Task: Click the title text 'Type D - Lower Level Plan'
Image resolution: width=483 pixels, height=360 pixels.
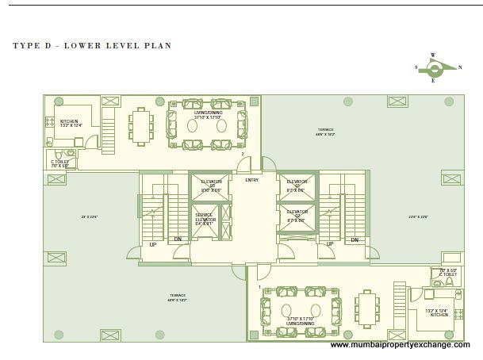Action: (x=92, y=46)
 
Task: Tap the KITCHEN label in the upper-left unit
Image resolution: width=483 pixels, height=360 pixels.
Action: (x=70, y=122)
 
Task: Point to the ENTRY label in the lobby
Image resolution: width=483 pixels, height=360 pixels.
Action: (x=252, y=180)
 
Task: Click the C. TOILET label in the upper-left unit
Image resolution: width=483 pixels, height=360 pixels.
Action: (x=60, y=163)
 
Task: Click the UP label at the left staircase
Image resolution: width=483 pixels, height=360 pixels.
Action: (x=153, y=244)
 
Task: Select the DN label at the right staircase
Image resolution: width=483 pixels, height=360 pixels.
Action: (x=355, y=239)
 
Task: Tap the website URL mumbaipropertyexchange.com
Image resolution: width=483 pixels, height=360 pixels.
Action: (x=400, y=345)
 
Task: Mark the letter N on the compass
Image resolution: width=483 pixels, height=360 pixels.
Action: (x=460, y=67)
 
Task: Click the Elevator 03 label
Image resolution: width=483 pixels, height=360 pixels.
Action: (x=211, y=187)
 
